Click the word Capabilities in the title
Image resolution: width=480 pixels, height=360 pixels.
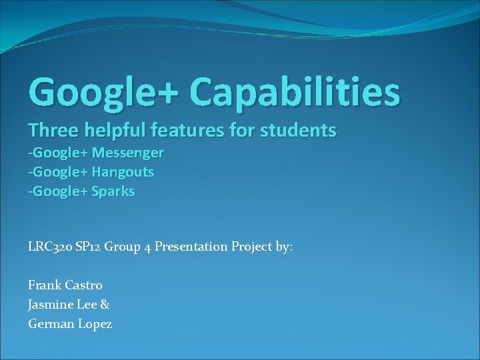tap(295, 92)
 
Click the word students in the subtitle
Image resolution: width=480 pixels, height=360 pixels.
tap(302, 131)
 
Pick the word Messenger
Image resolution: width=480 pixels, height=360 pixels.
tap(127, 153)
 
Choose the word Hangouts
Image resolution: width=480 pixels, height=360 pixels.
tap(123, 172)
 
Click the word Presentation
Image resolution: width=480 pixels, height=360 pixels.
tap(191, 247)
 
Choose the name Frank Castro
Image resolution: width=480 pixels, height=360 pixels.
tap(65, 285)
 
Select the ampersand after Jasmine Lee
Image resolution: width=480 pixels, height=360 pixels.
tap(105, 305)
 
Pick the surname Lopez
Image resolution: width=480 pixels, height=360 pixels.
tap(94, 325)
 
